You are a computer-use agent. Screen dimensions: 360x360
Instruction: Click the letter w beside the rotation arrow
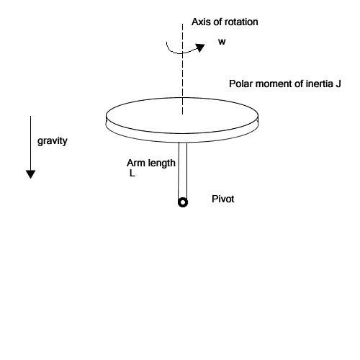click(x=222, y=42)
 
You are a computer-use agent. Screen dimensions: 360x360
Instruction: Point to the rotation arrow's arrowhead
click(x=199, y=48)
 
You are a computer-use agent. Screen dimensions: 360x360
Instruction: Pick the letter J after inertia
click(x=338, y=84)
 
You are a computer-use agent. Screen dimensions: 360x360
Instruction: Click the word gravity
click(x=53, y=141)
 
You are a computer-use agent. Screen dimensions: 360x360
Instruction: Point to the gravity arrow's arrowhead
click(x=30, y=174)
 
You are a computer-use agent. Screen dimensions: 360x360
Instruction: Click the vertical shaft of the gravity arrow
click(x=30, y=143)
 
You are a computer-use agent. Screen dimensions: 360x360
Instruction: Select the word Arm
click(x=136, y=163)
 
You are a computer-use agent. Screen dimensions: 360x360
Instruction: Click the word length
click(x=161, y=163)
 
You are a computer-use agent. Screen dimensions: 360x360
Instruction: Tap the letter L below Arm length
click(x=132, y=173)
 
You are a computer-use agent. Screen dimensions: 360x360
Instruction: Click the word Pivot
click(x=223, y=199)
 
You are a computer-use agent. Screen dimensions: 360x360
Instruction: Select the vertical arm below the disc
click(x=183, y=171)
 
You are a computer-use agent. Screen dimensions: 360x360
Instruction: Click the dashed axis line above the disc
click(x=182, y=69)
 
